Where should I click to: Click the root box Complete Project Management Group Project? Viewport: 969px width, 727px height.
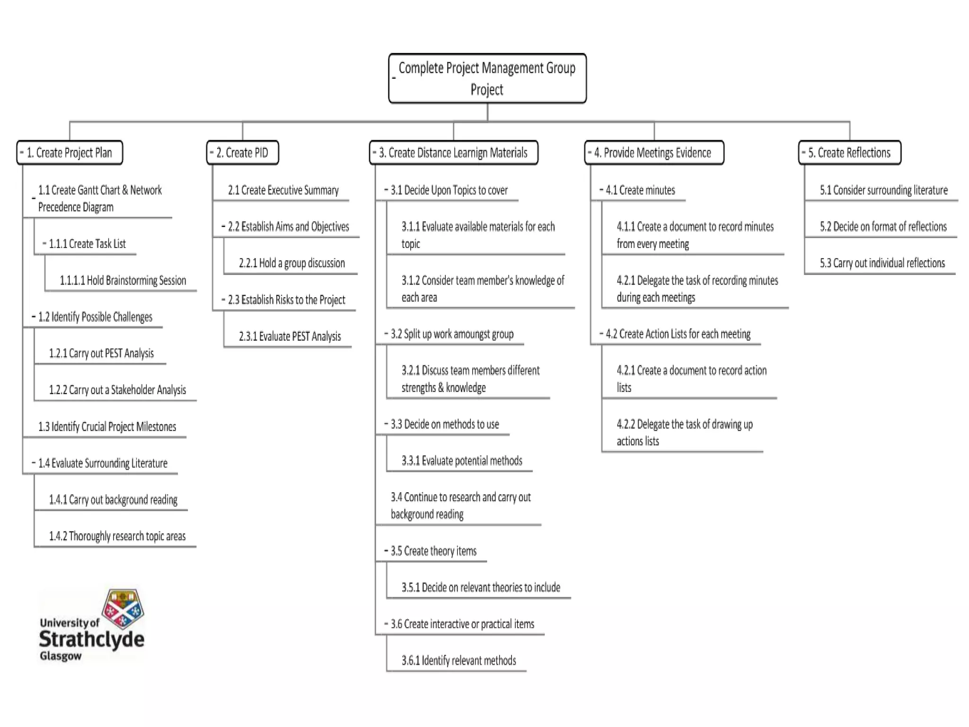point(487,78)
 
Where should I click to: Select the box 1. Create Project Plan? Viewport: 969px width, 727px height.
point(70,152)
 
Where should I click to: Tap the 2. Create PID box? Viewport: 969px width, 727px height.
point(242,152)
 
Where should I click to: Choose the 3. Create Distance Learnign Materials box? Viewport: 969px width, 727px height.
point(453,152)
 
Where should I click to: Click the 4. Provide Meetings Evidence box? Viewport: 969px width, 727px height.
point(653,152)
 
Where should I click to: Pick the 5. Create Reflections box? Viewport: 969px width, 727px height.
point(849,152)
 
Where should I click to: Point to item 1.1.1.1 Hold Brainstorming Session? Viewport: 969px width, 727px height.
point(123,280)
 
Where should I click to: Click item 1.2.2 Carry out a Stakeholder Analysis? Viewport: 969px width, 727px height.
point(117,390)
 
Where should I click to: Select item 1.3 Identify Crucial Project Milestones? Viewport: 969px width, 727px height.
point(107,426)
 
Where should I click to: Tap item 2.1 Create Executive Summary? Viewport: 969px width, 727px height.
point(283,190)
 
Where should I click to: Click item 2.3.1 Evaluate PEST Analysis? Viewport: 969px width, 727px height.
point(290,336)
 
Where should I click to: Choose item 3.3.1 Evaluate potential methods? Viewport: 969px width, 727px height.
point(462,461)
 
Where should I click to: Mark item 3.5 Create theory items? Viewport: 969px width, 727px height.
point(433,551)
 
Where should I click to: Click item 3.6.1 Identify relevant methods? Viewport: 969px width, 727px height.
point(458,660)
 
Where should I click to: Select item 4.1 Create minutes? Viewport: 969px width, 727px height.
point(640,190)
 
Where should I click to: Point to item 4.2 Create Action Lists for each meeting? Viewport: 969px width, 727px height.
point(678,334)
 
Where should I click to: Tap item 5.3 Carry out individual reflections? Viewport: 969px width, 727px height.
point(882,263)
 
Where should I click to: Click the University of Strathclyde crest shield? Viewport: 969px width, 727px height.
point(123,608)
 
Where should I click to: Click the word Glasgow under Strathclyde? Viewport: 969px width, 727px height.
point(61,656)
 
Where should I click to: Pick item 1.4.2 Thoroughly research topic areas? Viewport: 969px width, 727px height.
point(117,536)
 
